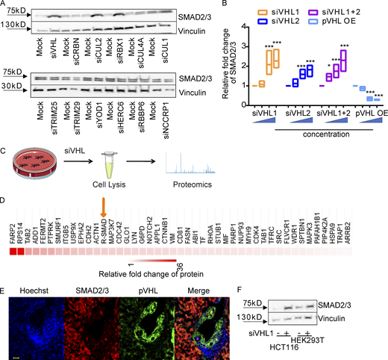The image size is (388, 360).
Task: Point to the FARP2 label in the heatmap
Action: click(13, 221)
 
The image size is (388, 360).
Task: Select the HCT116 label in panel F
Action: click(287, 348)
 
